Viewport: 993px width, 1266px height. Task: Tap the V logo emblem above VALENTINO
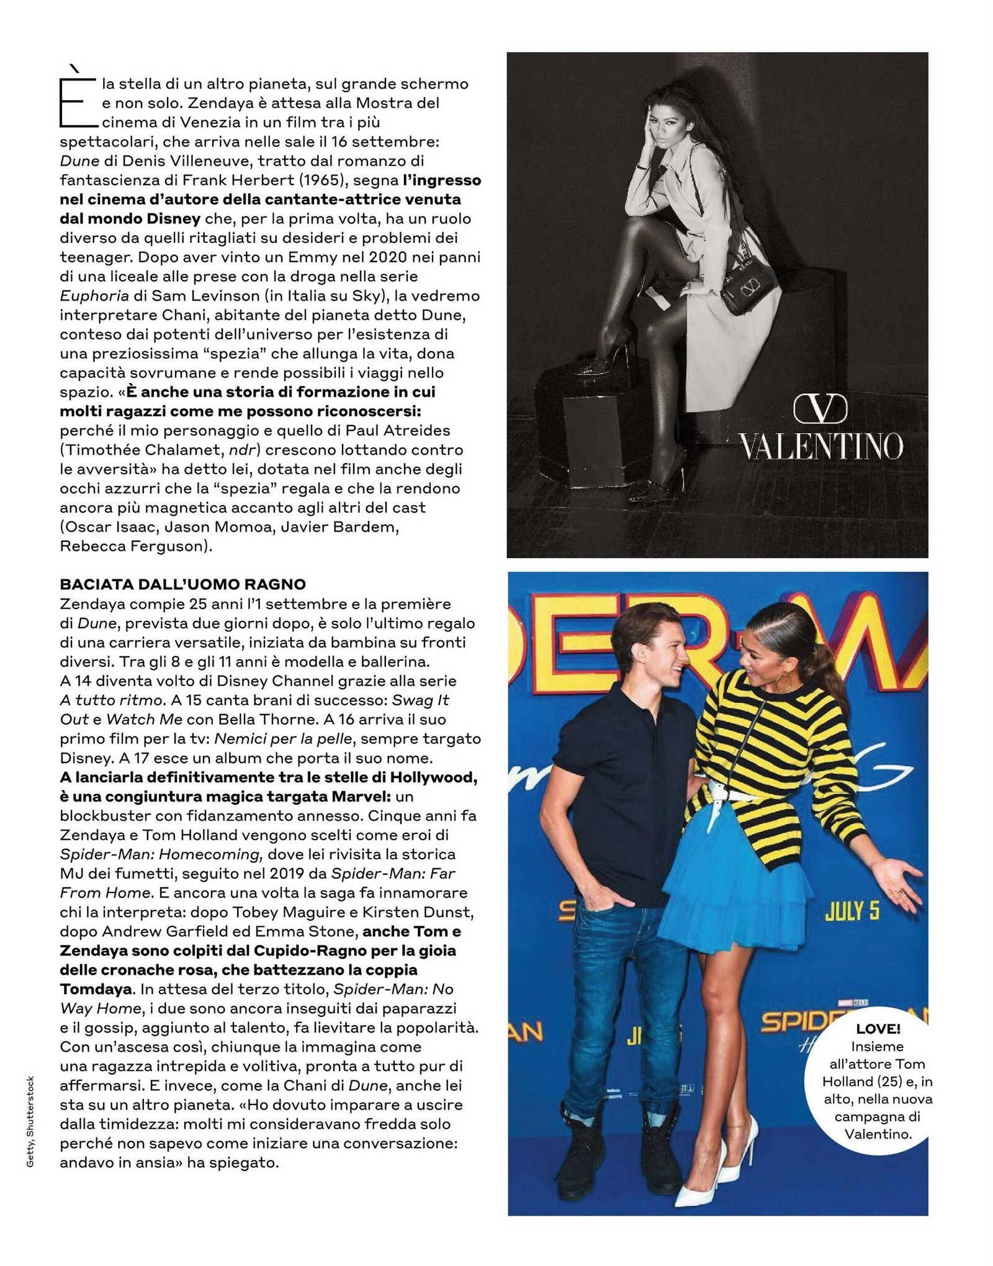[820, 409]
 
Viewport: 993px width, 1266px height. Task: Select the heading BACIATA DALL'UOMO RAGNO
[183, 584]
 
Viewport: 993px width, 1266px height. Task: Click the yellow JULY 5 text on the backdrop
[852, 911]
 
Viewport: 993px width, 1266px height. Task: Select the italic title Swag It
[421, 700]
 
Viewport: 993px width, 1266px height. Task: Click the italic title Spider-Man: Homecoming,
[160, 854]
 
